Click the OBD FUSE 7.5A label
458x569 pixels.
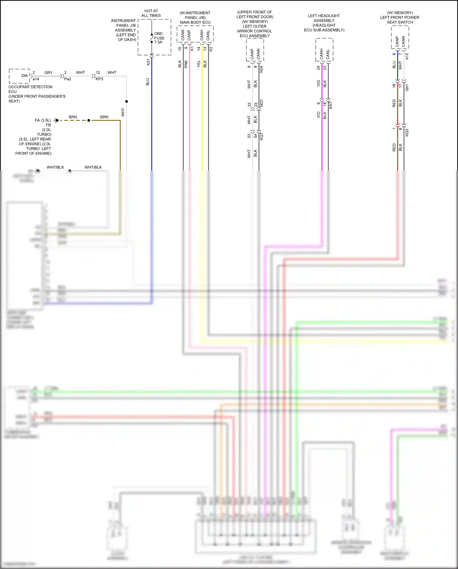tap(159, 38)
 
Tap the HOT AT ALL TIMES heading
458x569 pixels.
tap(151, 13)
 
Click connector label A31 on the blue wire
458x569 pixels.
tap(148, 62)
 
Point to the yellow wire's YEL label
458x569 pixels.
tap(199, 64)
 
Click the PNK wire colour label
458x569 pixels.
tap(186, 64)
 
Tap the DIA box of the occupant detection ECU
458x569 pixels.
tap(24, 76)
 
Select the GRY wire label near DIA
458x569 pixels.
tap(48, 73)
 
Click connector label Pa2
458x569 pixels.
tap(67, 79)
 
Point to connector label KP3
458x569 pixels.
tap(99, 79)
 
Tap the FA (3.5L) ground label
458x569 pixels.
tap(43, 120)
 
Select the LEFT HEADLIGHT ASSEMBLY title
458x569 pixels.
tap(324, 23)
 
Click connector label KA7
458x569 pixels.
tap(331, 105)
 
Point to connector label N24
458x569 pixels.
tap(261, 69)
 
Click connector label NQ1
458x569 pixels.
tap(261, 103)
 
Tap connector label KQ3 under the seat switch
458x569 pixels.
tap(407, 132)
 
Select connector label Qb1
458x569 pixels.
tap(407, 87)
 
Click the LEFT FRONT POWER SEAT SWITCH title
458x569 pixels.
tap(400, 17)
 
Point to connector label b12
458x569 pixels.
tap(407, 56)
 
